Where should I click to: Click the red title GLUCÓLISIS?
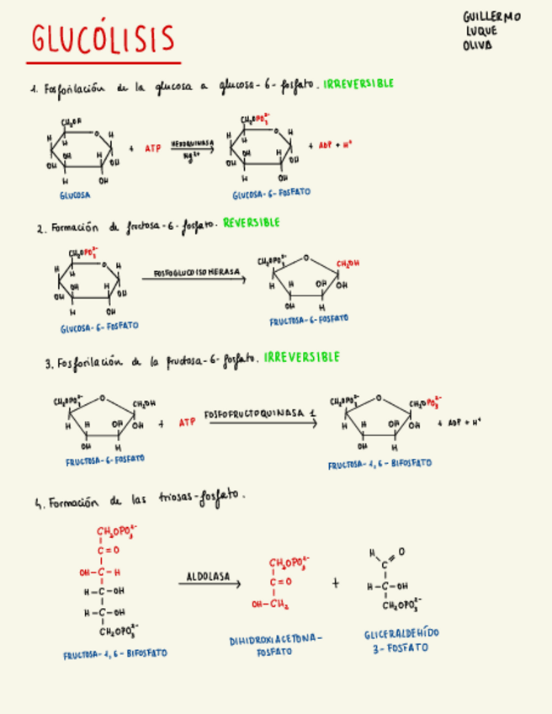pyautogui.click(x=103, y=39)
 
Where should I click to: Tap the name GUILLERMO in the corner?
pyautogui.click(x=491, y=17)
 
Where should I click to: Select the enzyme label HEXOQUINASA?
pyautogui.click(x=193, y=144)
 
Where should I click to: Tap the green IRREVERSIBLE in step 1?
pyautogui.click(x=358, y=83)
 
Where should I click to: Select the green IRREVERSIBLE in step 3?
pyautogui.click(x=301, y=357)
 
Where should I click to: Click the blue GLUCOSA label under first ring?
pyautogui.click(x=75, y=194)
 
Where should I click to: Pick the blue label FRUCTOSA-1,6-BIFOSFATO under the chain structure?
pyautogui.click(x=114, y=653)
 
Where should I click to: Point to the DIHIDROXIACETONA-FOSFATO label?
pyautogui.click(x=275, y=646)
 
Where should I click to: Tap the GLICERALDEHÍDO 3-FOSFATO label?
pyautogui.click(x=401, y=641)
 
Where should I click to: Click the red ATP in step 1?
pyautogui.click(x=152, y=148)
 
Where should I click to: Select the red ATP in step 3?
pyautogui.click(x=186, y=422)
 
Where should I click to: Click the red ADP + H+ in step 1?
pyautogui.click(x=335, y=145)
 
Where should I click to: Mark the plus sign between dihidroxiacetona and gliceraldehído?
pyautogui.click(x=336, y=582)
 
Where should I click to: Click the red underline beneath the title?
pyautogui.click(x=103, y=62)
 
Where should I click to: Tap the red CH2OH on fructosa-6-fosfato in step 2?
pyautogui.click(x=348, y=264)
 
